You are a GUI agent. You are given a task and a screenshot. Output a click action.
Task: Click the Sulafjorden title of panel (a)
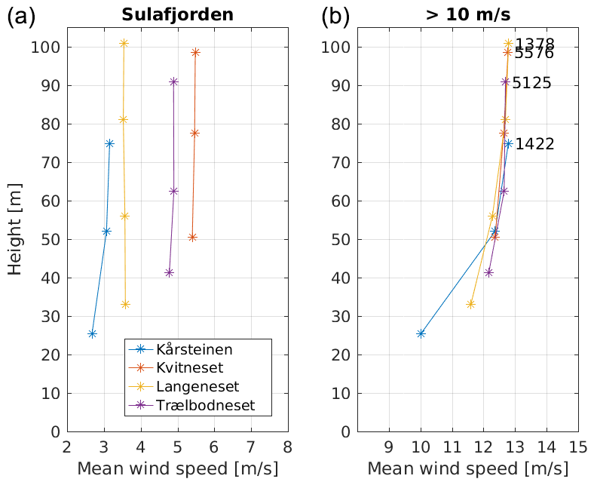tap(176, 14)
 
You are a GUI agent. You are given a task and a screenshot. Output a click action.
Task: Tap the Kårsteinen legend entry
tap(194, 350)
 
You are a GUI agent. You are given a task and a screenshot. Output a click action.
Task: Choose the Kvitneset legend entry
tap(190, 368)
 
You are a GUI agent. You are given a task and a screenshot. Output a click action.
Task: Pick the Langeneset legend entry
tap(197, 387)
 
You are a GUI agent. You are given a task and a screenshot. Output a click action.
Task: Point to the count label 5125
tap(531, 83)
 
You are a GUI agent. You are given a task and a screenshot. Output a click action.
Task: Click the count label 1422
tap(534, 144)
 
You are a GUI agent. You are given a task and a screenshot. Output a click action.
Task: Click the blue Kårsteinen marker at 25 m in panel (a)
tap(92, 333)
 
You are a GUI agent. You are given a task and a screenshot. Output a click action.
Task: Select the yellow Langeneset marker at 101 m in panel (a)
tap(124, 43)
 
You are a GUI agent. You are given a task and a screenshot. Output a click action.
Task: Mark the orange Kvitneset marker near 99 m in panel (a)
tap(195, 52)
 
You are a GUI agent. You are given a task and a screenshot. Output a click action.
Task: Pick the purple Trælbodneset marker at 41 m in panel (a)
tap(169, 272)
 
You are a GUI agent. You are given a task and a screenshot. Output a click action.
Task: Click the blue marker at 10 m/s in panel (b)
tap(421, 333)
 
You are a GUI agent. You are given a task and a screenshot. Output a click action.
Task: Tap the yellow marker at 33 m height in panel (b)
tap(470, 304)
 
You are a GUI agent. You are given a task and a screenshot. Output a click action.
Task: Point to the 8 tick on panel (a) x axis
tap(287, 445)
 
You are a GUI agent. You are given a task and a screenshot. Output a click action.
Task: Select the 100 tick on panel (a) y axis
tap(47, 47)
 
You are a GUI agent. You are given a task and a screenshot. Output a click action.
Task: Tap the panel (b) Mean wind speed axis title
tap(467, 468)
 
